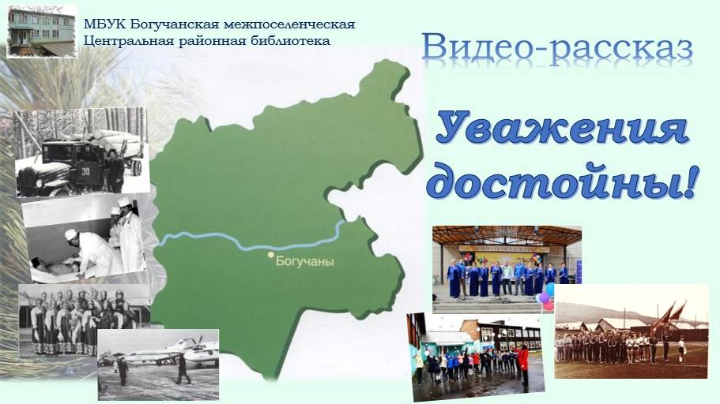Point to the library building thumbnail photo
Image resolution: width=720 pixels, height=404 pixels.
41,31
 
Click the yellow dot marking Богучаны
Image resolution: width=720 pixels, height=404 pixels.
270,255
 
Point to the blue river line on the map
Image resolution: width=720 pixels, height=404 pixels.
237,236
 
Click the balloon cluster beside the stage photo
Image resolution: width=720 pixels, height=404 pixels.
546,297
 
